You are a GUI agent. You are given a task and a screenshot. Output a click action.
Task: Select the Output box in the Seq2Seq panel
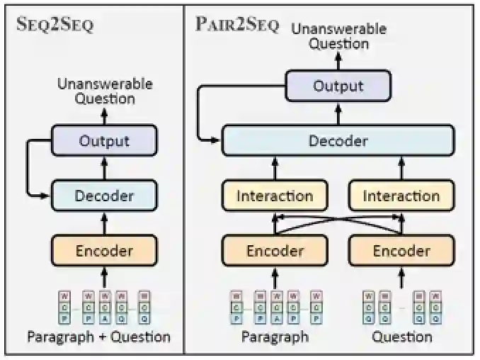(x=104, y=140)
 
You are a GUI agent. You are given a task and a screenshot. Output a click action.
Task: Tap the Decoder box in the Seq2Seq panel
(x=104, y=195)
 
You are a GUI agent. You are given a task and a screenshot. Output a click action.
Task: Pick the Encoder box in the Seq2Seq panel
(x=104, y=250)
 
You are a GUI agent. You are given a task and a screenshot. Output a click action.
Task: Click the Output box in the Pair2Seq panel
(x=338, y=86)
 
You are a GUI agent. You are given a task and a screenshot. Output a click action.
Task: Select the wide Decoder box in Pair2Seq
(x=338, y=141)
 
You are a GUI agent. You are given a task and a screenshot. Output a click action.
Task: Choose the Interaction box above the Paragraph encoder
(x=275, y=196)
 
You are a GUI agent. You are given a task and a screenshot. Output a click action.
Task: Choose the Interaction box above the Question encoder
(x=401, y=196)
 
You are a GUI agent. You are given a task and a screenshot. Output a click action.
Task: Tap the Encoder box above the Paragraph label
(x=275, y=251)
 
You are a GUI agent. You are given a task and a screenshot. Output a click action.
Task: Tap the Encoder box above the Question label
(x=401, y=251)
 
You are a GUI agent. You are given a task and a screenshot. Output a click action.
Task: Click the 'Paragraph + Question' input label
(x=98, y=337)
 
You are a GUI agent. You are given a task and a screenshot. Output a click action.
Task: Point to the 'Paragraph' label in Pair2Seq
(x=275, y=337)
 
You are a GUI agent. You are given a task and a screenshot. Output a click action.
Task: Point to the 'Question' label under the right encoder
(x=401, y=337)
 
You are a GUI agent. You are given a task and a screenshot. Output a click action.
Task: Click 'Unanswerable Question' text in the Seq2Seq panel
(x=105, y=91)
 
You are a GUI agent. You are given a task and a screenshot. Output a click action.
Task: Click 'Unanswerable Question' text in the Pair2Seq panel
(x=338, y=36)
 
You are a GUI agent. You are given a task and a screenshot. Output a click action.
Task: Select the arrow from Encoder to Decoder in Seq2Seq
(x=104, y=223)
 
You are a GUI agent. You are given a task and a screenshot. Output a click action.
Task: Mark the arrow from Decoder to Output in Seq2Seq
(x=104, y=168)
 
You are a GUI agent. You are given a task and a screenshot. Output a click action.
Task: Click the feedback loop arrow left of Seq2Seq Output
(x=30, y=167)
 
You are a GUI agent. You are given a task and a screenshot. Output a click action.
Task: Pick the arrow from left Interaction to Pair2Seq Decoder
(x=275, y=169)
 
